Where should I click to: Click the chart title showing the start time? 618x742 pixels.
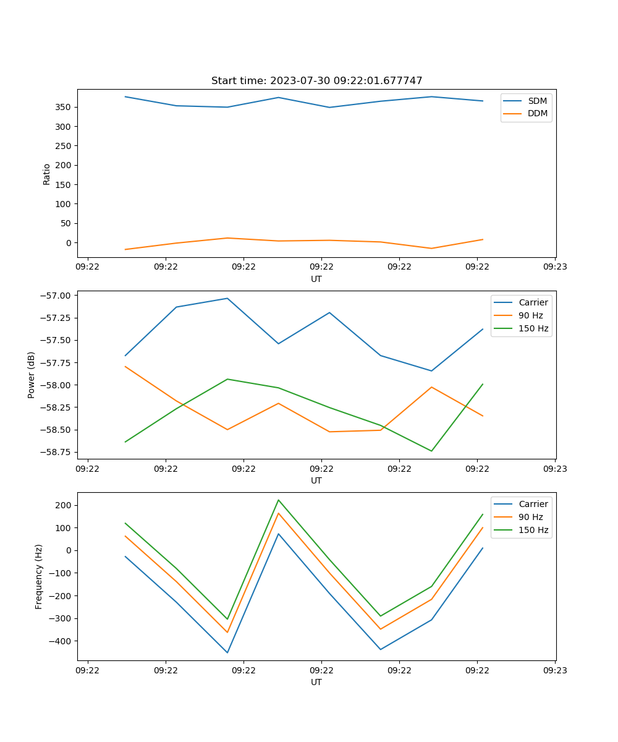point(316,81)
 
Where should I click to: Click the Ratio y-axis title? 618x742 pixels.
point(47,174)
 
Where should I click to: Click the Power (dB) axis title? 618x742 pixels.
point(32,375)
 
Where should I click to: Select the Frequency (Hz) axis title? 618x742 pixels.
point(39,576)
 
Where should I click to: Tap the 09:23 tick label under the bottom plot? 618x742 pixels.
point(555,670)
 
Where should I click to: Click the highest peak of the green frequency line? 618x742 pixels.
point(279,500)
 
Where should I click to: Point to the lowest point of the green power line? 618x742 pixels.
point(431,451)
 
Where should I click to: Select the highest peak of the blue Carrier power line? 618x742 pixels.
point(227,298)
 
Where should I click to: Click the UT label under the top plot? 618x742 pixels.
point(316,279)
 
